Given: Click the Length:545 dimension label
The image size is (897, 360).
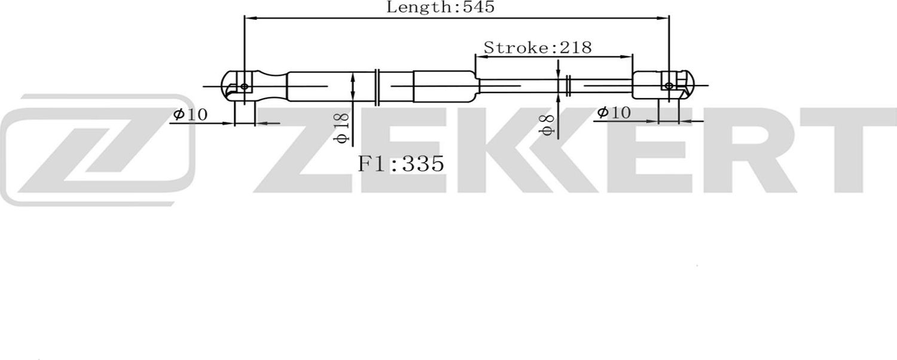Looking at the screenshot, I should pyautogui.click(x=441, y=8).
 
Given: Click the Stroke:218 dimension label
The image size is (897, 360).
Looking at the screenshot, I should pyautogui.click(x=537, y=47).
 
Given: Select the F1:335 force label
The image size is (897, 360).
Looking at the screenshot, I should pyautogui.click(x=401, y=163).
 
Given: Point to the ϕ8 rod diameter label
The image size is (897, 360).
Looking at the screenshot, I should pyautogui.click(x=547, y=124).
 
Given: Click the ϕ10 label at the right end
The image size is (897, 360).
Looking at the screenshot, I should pyautogui.click(x=613, y=112).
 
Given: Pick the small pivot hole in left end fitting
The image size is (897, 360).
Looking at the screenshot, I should pyautogui.click(x=244, y=87).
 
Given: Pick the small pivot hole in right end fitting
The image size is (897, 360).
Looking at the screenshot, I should pyautogui.click(x=668, y=86).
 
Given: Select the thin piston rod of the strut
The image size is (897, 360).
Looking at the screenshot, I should pyautogui.click(x=520, y=86).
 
